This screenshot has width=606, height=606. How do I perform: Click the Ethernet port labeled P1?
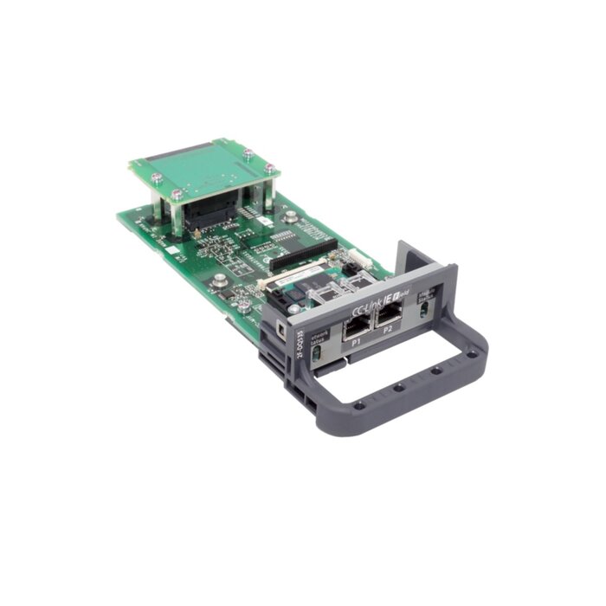click(x=356, y=328)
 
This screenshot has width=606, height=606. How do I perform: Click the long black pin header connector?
click(x=304, y=250)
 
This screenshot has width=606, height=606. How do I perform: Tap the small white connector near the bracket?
click(x=355, y=257)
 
